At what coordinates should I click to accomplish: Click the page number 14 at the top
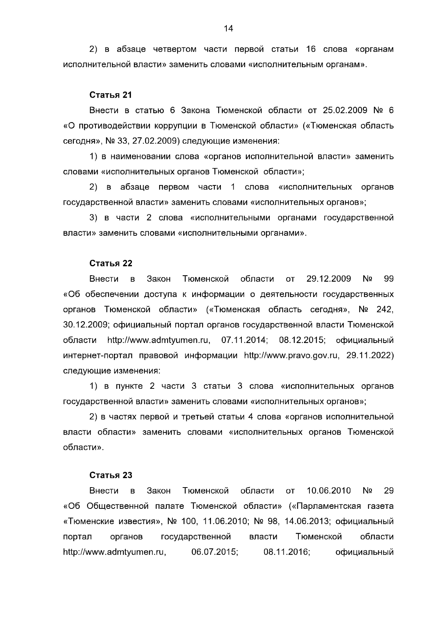coord(228,29)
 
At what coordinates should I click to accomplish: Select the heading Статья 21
coord(111,95)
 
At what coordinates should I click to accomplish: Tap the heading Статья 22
coord(111,263)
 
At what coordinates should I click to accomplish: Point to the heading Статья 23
coord(111,475)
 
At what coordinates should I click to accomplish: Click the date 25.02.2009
coord(343,111)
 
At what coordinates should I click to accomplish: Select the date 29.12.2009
coord(329,279)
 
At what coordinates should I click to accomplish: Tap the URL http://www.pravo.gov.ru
coord(291,356)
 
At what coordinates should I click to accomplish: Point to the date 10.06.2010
coord(329,490)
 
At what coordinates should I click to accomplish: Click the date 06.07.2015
coord(215,552)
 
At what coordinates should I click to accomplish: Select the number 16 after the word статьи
coord(306,49)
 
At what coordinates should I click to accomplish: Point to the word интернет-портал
coord(97,356)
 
